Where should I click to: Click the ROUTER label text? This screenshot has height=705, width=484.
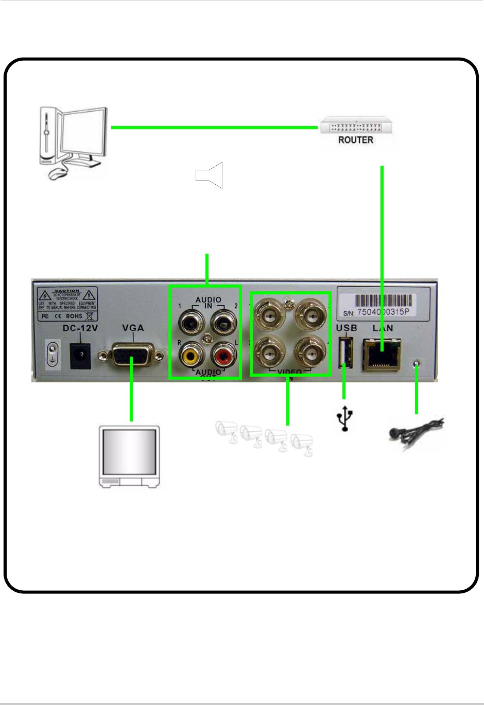(x=355, y=140)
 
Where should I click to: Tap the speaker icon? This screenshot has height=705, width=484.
(x=210, y=175)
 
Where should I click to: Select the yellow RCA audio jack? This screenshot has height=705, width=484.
(x=192, y=355)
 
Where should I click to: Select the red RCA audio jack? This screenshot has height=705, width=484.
(x=223, y=355)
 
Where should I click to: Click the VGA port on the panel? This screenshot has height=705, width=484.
(x=131, y=355)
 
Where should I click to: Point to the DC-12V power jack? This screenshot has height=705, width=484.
(x=80, y=354)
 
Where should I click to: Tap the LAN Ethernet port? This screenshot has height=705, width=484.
(x=382, y=355)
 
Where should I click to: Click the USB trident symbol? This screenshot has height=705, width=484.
(x=345, y=418)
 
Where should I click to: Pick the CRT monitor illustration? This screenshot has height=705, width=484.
(x=129, y=456)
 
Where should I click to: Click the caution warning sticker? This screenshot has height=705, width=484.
(x=67, y=304)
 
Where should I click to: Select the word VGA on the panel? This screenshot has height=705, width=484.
(x=133, y=328)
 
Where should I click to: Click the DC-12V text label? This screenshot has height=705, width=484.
(x=80, y=328)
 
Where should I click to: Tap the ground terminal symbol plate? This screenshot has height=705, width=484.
(x=52, y=354)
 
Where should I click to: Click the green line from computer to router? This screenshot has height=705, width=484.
(x=214, y=127)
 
